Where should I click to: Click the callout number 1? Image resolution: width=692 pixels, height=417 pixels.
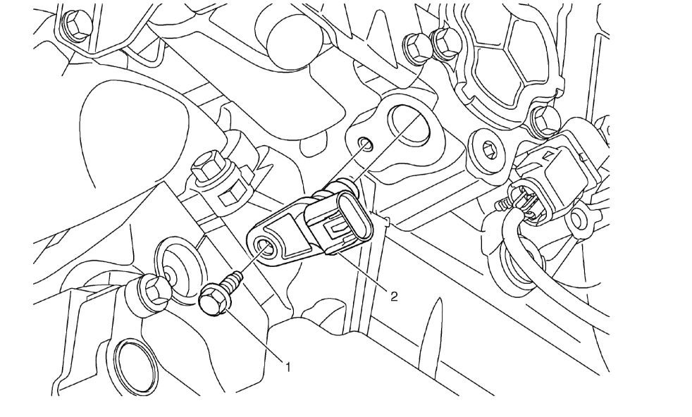(288, 366)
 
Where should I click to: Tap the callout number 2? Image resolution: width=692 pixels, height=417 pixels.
(394, 296)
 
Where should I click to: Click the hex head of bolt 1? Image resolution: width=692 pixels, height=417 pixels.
(211, 301)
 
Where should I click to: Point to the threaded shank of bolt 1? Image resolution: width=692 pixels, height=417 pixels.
(235, 279)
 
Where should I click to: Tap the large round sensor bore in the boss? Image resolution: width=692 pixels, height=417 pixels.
(408, 125)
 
